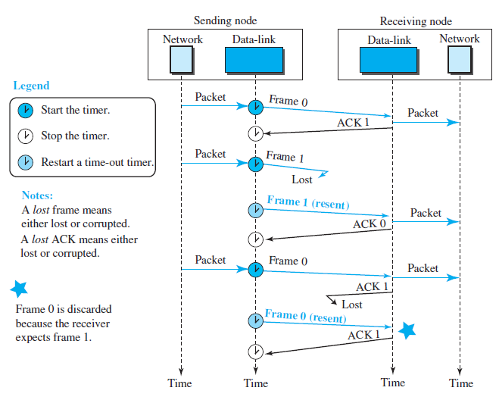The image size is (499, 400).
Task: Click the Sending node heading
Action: pos(225,20)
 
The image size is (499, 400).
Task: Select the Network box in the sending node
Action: pos(182,59)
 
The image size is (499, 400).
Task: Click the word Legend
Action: pos(31,86)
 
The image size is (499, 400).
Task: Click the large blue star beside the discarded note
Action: pos(20,289)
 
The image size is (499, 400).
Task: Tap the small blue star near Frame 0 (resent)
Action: pos(407,330)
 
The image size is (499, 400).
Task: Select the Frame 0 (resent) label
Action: pos(304,314)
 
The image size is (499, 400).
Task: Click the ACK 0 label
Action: pos(370,224)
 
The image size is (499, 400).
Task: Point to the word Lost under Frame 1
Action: pos(302,180)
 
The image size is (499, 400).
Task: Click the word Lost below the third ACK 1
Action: pos(352,305)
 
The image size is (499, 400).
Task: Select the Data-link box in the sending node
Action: pos(255,59)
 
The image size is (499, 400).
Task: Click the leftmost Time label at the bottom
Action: pos(180,383)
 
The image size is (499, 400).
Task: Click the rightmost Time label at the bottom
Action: pos(460,383)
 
